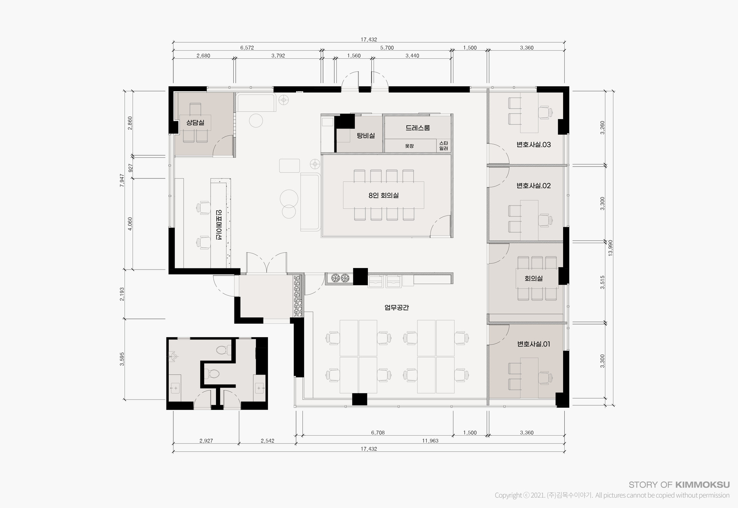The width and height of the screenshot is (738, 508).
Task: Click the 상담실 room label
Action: pyautogui.click(x=195, y=123)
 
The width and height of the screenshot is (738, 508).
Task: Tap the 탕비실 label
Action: pyautogui.click(x=366, y=135)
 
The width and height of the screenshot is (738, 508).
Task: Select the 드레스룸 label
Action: pyautogui.click(x=417, y=128)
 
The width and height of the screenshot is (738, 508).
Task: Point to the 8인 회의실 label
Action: pyautogui.click(x=383, y=195)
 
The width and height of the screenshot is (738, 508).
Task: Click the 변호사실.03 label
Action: pyautogui.click(x=534, y=145)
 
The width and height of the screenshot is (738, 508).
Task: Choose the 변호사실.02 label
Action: pyautogui.click(x=534, y=186)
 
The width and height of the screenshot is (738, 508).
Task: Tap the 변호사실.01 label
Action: pyautogui.click(x=534, y=344)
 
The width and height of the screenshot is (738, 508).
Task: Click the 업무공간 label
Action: pyautogui.click(x=397, y=308)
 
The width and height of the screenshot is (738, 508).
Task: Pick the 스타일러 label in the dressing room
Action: pyautogui.click(x=443, y=146)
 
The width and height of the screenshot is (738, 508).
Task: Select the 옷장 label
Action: pyautogui.click(x=409, y=146)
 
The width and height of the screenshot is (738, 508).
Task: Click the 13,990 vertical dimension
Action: pyautogui.click(x=610, y=248)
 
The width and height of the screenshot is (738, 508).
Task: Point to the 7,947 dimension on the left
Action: pyautogui.click(x=122, y=180)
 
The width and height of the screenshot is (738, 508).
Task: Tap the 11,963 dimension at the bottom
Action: pyautogui.click(x=430, y=441)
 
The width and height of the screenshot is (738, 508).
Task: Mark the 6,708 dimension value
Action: pyautogui.click(x=378, y=433)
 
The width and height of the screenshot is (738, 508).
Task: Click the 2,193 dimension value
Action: pyautogui.click(x=122, y=294)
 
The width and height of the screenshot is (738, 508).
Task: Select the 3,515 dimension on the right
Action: pyautogui.click(x=602, y=282)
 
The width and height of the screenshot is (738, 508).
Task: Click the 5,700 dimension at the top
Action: pyautogui.click(x=387, y=48)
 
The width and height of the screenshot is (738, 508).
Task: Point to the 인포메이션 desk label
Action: pyautogui.click(x=219, y=225)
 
